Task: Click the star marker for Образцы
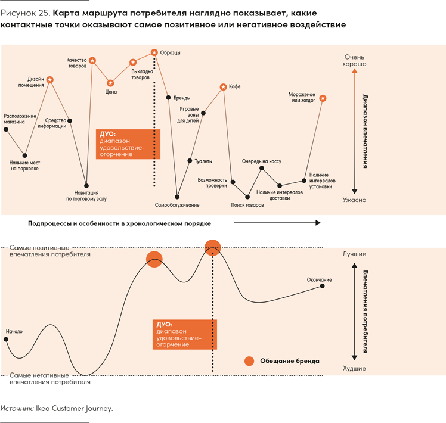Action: click(154, 53)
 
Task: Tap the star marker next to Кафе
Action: click(224, 87)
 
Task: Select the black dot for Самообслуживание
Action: click(177, 196)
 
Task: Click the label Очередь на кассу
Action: click(261, 161)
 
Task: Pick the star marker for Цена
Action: click(110, 83)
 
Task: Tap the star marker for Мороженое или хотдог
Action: click(323, 98)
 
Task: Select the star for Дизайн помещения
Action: click(50, 80)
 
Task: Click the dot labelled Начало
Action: click(6, 340)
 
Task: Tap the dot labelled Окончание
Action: click(323, 286)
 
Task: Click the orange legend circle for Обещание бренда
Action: click(249, 361)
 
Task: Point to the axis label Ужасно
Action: click(355, 200)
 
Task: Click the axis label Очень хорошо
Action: click(355, 60)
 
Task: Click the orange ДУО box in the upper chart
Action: click(128, 144)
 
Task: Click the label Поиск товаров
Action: click(247, 205)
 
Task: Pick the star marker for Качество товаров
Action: click(92, 60)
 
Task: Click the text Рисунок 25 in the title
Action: click(23, 13)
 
